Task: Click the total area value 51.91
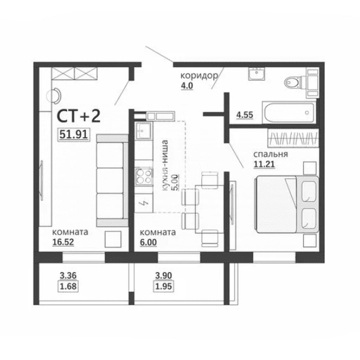[x=73, y=134]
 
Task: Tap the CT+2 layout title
[x=78, y=116]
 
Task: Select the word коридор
[x=199, y=76]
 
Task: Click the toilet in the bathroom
[x=293, y=82]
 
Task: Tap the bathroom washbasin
[x=257, y=74]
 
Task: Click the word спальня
[x=270, y=154]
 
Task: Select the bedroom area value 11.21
[x=264, y=165]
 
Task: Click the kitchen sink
[x=143, y=131]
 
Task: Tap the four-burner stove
[x=144, y=176]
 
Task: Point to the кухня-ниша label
[x=165, y=165]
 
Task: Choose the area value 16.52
[x=63, y=242]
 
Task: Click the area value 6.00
[x=148, y=242]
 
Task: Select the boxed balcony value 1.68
[x=68, y=287]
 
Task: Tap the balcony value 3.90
[x=163, y=276]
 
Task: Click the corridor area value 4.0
[x=187, y=86]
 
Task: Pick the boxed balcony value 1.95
[x=163, y=287]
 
